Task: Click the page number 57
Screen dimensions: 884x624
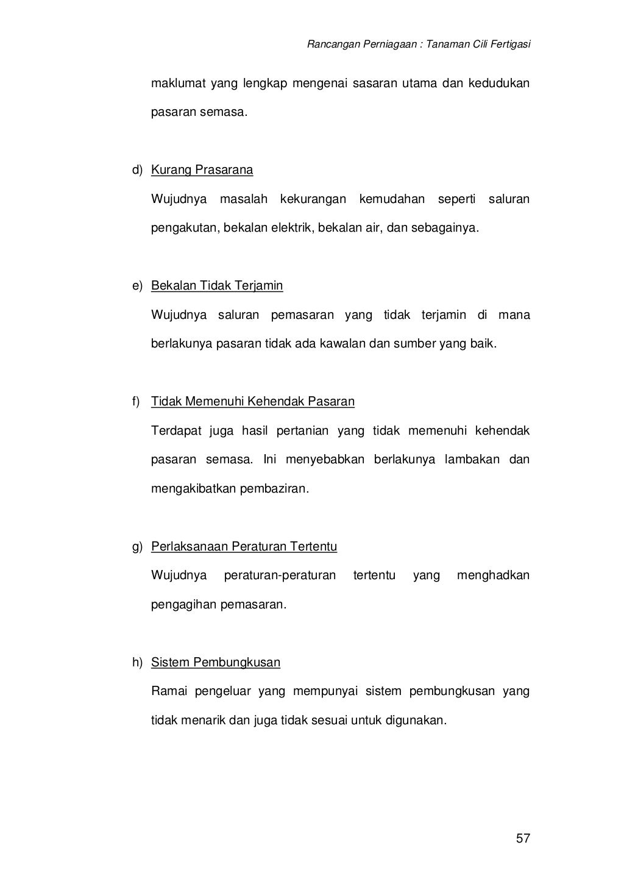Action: click(523, 838)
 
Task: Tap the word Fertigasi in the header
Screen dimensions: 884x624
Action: click(511, 44)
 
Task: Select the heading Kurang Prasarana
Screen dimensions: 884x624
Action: click(202, 170)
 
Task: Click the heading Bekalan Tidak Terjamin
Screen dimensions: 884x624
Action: click(217, 286)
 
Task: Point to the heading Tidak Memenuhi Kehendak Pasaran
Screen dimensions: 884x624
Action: click(252, 402)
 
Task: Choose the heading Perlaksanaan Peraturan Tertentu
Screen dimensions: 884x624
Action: click(244, 546)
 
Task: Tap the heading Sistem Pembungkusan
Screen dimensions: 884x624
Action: click(216, 663)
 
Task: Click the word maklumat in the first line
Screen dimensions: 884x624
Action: click(177, 83)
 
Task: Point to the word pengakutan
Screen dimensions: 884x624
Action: click(183, 229)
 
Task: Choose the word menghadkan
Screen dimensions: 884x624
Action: click(493, 575)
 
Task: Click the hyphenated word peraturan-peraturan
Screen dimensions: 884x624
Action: click(280, 575)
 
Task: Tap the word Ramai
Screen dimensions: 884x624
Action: click(169, 691)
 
